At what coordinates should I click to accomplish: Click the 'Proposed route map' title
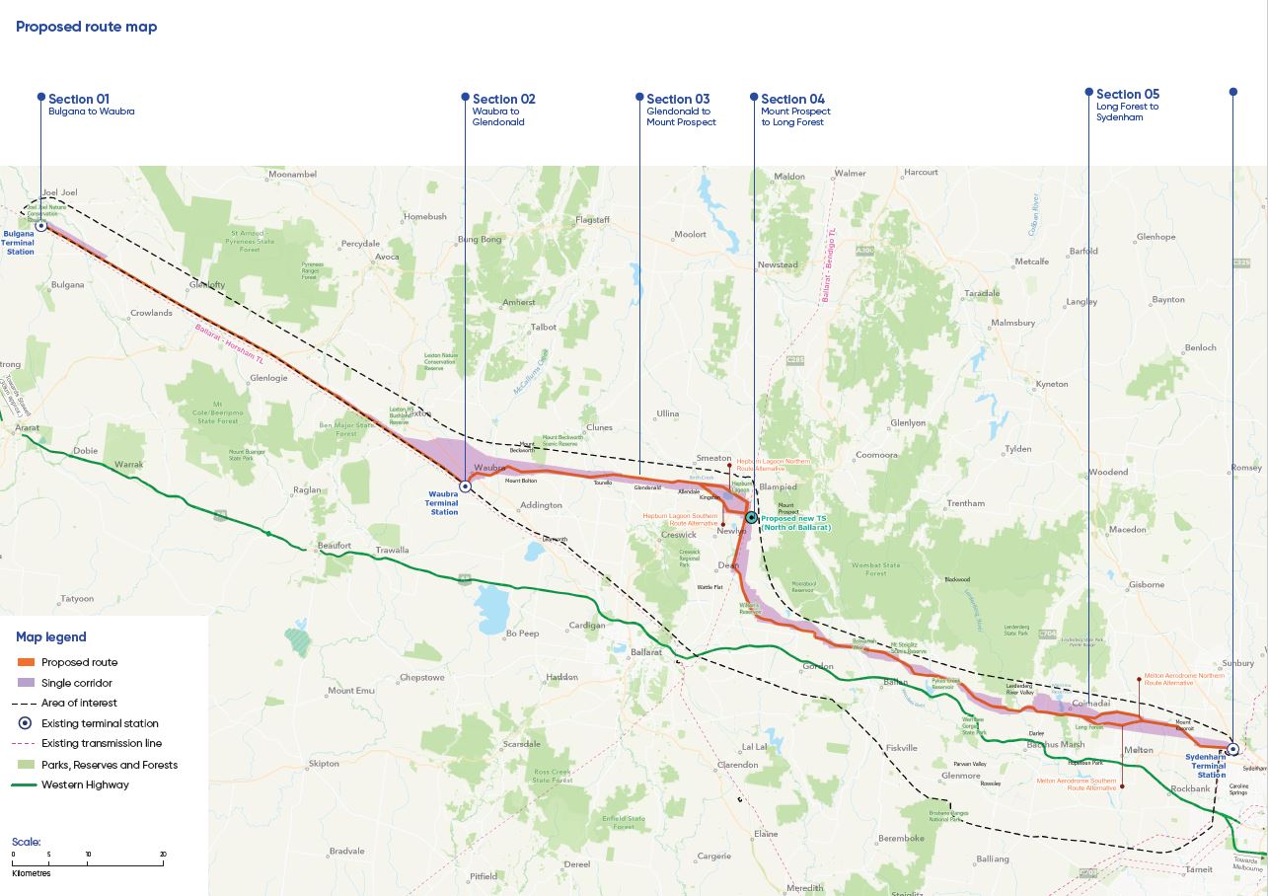86,27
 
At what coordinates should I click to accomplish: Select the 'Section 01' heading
79,99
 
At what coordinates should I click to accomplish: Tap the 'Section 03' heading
678,99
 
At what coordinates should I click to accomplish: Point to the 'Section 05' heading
1128,95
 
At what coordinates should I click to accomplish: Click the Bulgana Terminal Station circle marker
41,225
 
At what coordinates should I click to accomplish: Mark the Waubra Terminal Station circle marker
465,486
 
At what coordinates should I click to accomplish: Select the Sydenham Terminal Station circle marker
1232,749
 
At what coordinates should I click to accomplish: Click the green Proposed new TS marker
751,517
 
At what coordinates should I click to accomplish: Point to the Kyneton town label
1051,384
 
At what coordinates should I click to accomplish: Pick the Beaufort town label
335,545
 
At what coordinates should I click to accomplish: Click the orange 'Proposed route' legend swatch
26,662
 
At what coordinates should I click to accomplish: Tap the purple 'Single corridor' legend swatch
26,683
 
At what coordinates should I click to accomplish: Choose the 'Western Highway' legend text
85,784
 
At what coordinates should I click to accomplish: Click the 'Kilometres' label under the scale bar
32,873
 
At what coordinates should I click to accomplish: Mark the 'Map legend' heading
51,637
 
